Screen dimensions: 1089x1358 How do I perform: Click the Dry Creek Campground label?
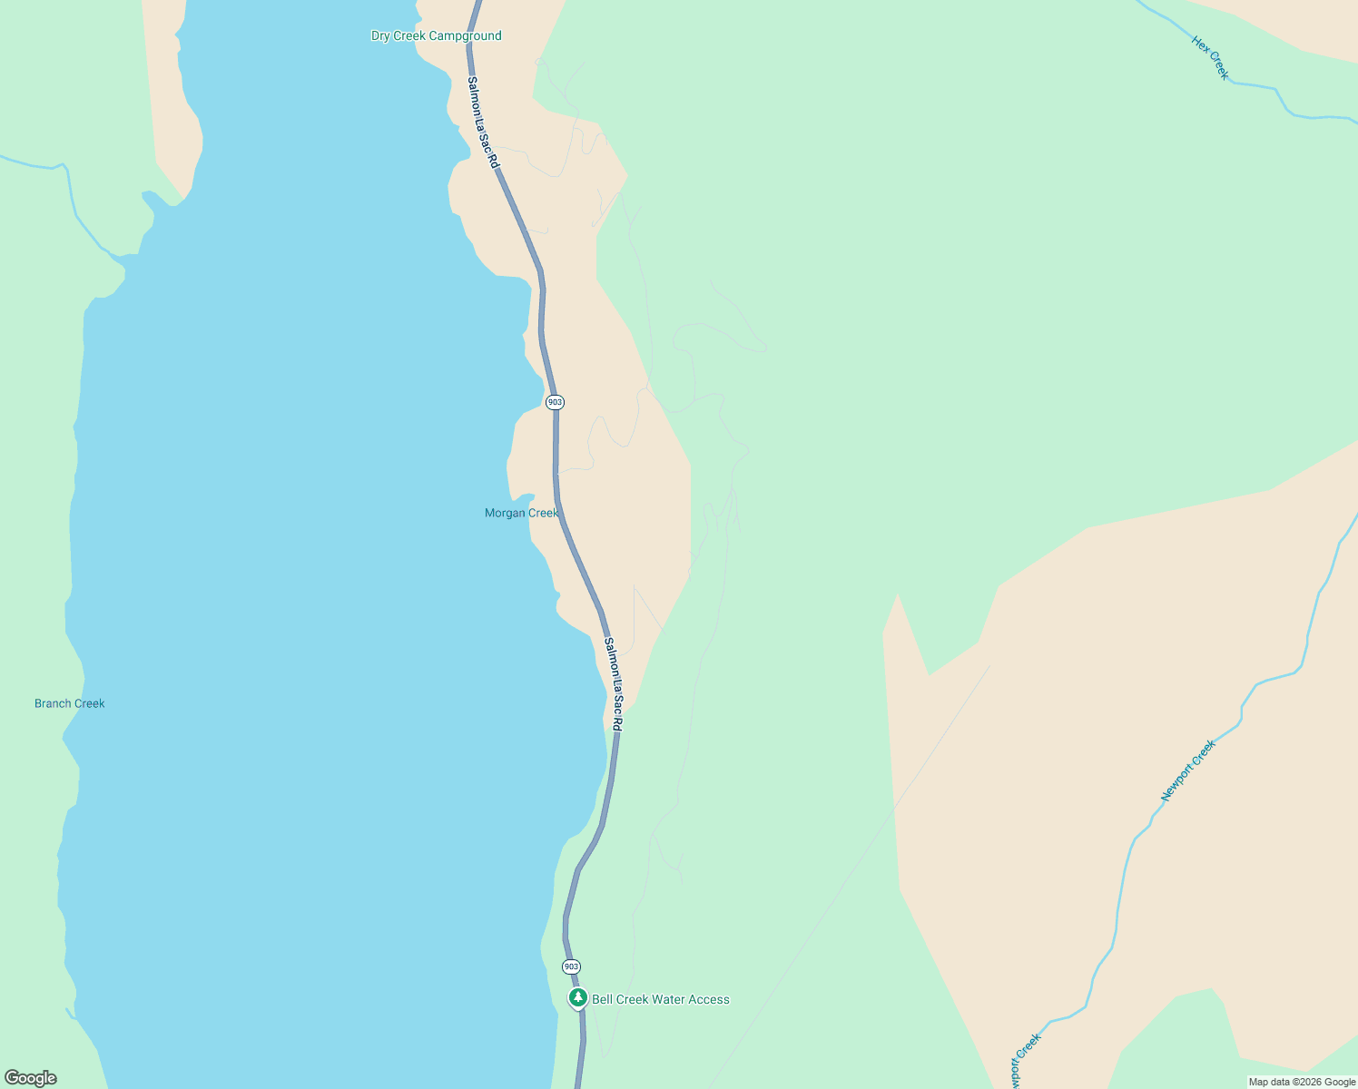[436, 36]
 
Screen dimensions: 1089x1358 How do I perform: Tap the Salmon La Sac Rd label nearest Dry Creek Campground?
[483, 122]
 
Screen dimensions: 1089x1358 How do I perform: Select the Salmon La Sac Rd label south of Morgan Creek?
[614, 684]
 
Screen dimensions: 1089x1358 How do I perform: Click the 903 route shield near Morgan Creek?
[555, 402]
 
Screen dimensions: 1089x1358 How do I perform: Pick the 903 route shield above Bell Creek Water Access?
[571, 966]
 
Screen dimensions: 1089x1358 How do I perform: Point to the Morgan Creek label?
[521, 514]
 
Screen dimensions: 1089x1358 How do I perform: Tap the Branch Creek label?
[70, 703]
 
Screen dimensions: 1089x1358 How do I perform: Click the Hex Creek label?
[1211, 58]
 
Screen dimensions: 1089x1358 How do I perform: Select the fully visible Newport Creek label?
[1188, 771]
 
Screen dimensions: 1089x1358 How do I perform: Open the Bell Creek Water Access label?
[660, 1000]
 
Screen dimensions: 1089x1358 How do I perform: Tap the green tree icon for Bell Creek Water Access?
[577, 998]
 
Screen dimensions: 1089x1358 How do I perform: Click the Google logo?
[31, 1078]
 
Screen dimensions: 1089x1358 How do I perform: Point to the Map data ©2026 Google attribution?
[1302, 1082]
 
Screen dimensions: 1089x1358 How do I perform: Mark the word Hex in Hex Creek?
[1201, 45]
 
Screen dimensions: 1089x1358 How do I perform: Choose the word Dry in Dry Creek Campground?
[380, 36]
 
